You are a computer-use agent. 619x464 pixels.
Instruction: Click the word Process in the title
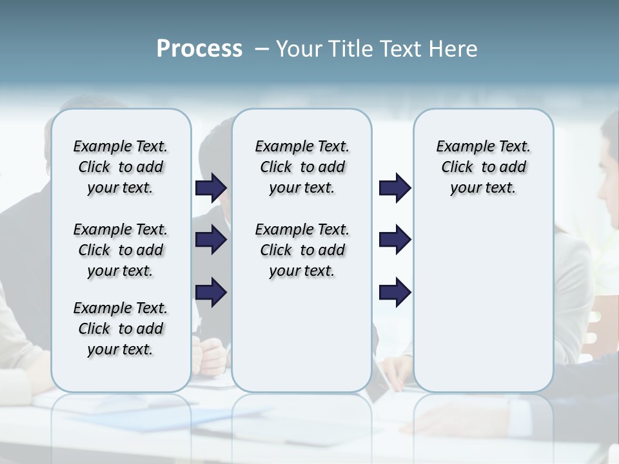point(199,49)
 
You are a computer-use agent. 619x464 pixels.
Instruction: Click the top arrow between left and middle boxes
point(211,188)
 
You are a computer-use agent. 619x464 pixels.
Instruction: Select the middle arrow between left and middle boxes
point(211,240)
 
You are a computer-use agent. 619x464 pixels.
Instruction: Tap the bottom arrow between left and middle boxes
point(211,292)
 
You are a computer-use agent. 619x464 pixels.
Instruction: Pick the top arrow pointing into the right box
point(395,188)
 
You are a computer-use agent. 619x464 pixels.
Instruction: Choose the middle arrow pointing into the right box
point(395,240)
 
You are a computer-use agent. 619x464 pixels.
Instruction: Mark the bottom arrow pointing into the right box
point(395,292)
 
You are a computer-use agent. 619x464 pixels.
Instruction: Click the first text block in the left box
point(121,167)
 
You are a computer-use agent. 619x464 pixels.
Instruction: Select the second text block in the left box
point(121,250)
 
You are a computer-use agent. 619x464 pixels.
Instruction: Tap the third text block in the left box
point(121,329)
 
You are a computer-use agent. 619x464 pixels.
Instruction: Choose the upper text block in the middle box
point(302,167)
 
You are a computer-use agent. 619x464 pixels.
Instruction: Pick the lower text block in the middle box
point(302,250)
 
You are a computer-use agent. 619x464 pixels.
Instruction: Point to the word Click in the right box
point(457,168)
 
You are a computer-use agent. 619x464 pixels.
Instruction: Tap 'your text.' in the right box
point(483,188)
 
